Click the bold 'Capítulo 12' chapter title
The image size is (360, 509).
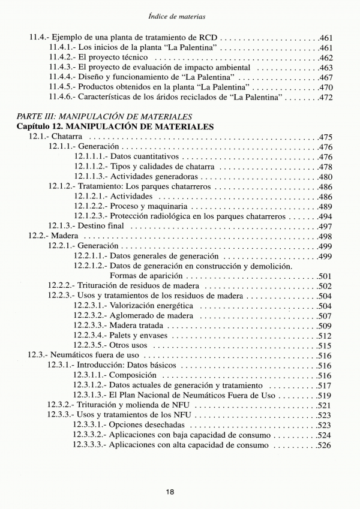point(115,127)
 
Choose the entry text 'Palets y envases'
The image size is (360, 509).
point(138,336)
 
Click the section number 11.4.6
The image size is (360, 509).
point(62,97)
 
